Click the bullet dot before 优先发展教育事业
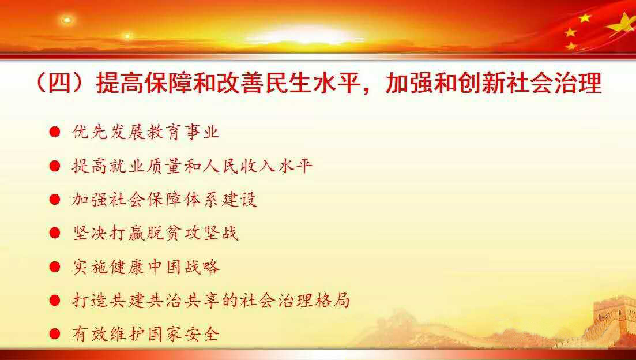pyautogui.click(x=55, y=132)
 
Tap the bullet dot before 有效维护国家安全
pyautogui.click(x=55, y=334)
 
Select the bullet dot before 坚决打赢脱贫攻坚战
pyautogui.click(x=55, y=233)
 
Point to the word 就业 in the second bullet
pyautogui.click(x=119, y=166)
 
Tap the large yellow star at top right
pyautogui.click(x=623, y=24)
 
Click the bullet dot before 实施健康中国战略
pyautogui.click(x=55, y=267)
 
